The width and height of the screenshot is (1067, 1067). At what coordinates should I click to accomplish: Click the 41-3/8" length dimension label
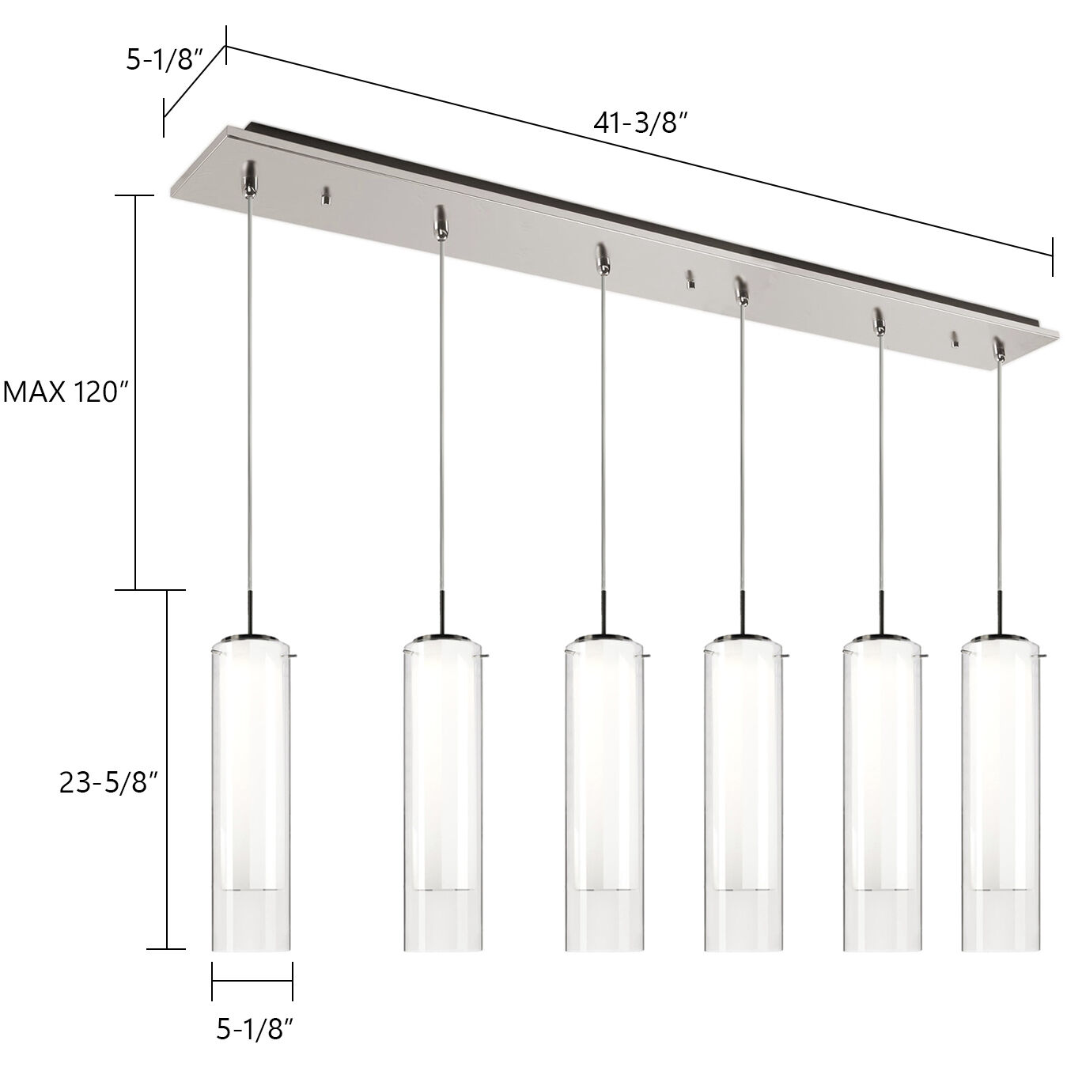pyautogui.click(x=639, y=123)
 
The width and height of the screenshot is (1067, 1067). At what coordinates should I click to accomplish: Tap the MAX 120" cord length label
pyautogui.click(x=65, y=392)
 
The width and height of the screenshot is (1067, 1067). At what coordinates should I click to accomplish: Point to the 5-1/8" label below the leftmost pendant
pyautogui.click(x=255, y=1027)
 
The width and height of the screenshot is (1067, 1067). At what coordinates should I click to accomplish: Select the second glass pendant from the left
pyautogui.click(x=443, y=791)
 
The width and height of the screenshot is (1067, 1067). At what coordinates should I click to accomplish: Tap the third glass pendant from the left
pyautogui.click(x=603, y=791)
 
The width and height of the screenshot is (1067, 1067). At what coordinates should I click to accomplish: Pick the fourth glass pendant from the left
pyautogui.click(x=743, y=791)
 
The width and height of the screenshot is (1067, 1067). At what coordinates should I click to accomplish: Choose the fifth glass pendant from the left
pyautogui.click(x=882, y=791)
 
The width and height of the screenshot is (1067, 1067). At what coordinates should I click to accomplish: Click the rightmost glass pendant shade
pyautogui.click(x=1001, y=791)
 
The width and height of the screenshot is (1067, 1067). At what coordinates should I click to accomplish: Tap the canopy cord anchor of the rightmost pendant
pyautogui.click(x=1000, y=350)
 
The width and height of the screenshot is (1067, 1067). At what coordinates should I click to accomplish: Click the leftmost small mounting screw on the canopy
pyautogui.click(x=324, y=196)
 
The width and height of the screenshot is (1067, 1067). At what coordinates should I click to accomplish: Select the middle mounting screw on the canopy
pyautogui.click(x=691, y=279)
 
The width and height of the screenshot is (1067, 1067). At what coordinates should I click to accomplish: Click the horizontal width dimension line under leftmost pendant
pyautogui.click(x=252, y=981)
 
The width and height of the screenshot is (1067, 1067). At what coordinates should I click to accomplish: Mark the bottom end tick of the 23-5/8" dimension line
pyautogui.click(x=166, y=948)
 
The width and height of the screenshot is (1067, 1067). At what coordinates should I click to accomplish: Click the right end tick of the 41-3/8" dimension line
pyautogui.click(x=1052, y=256)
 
